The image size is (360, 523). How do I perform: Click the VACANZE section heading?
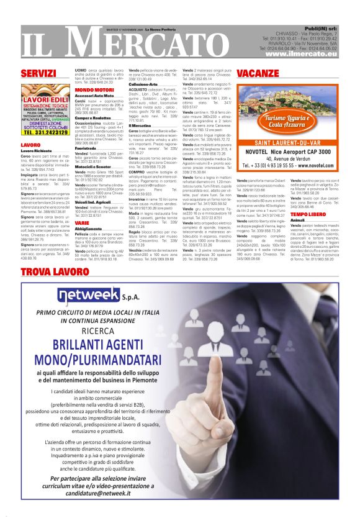(257, 73)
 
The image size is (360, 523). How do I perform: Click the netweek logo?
(65, 293)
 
